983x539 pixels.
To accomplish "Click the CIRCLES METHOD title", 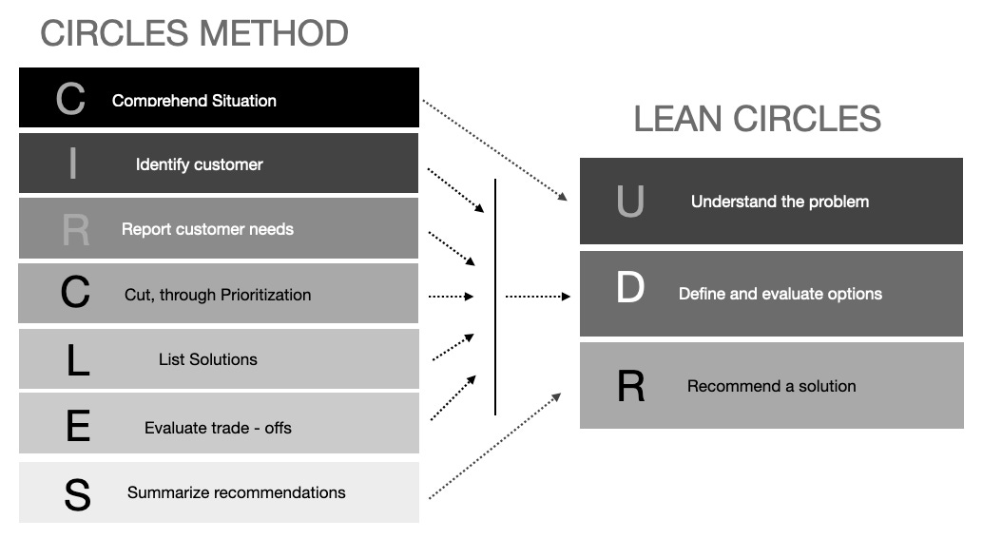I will click(194, 33).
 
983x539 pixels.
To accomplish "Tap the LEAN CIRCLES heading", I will click(757, 119).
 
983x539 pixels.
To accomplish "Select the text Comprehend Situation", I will click(194, 100).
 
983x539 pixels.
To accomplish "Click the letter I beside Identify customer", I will click(73, 164).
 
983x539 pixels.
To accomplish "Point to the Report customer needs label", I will click(207, 229).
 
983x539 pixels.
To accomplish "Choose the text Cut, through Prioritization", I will click(218, 295).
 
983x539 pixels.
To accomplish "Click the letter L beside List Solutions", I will click(77, 360).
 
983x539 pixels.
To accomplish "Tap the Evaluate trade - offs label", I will click(218, 428).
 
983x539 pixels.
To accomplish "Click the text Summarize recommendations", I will click(236, 492).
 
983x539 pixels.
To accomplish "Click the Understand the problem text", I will click(780, 202).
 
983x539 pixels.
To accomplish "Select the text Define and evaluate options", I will click(780, 294).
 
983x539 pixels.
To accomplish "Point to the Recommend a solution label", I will click(771, 386).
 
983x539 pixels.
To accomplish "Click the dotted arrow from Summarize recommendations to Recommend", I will click(494, 446).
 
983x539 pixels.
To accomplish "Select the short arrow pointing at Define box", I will click(537, 297).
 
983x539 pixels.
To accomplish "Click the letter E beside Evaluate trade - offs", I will click(77, 428).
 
